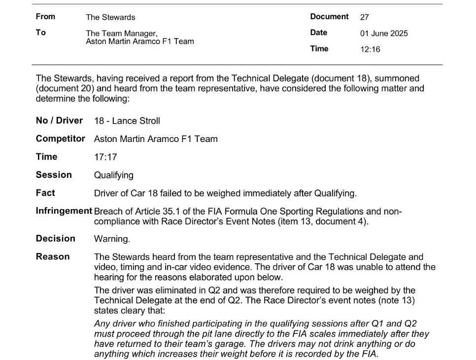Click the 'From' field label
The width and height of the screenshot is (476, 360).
[x=45, y=16]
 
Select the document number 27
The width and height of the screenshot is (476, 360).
[x=364, y=17]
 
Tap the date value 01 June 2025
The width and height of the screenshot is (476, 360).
[x=384, y=34]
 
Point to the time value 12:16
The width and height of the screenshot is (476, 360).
[x=370, y=49]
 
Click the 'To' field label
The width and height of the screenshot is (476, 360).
[x=40, y=33]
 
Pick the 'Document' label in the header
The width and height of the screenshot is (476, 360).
[x=329, y=16]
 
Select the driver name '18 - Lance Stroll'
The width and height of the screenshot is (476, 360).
[x=127, y=121]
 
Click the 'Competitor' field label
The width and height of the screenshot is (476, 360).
[x=61, y=139]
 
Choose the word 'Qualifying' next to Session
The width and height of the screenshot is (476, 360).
[x=113, y=175]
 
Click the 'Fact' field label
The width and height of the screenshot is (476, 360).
[x=45, y=193]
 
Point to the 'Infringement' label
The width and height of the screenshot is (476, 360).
[x=64, y=211]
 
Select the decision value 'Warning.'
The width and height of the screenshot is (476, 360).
[x=112, y=239]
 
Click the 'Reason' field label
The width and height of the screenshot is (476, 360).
[x=53, y=256]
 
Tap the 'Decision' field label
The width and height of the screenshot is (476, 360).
[x=56, y=239]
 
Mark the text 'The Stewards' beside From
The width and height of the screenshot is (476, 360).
[x=110, y=17]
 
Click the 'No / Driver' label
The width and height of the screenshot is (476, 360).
[x=59, y=120]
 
